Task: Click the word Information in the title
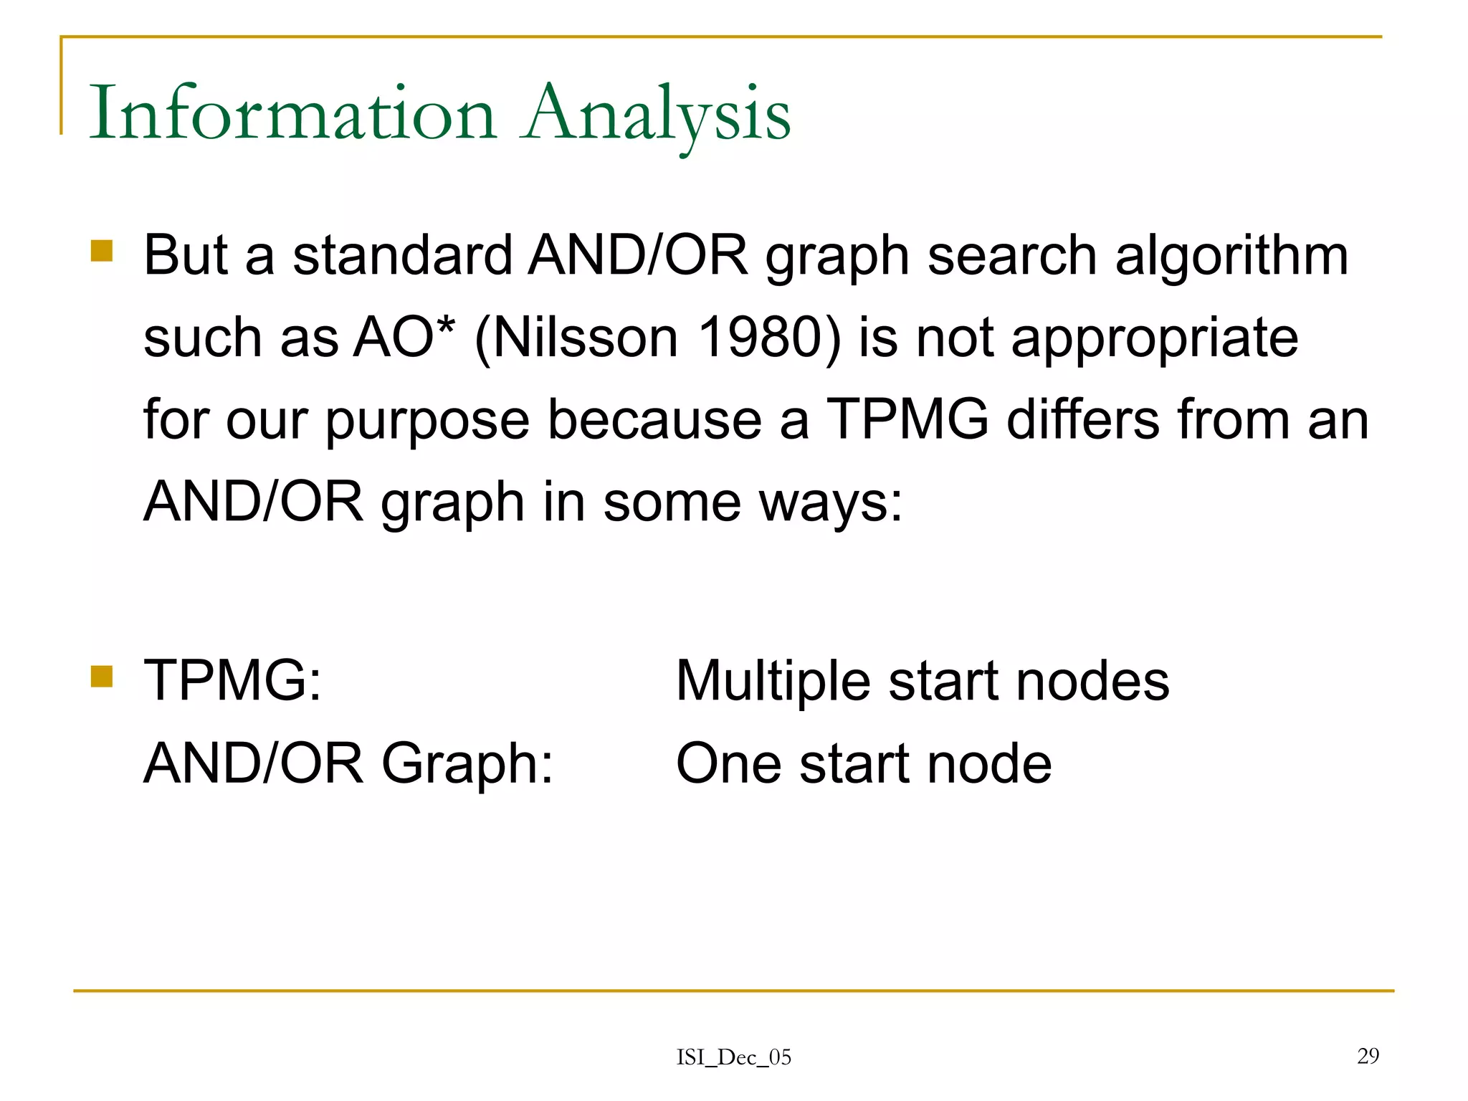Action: tap(292, 113)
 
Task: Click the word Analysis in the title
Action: tap(656, 113)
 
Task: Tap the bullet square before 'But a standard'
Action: tap(102, 251)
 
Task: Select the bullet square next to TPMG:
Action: tap(102, 676)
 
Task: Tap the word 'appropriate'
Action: tap(1154, 338)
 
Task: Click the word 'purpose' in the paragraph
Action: tap(427, 421)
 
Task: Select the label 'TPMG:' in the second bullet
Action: tap(233, 680)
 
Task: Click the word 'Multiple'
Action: tap(773, 682)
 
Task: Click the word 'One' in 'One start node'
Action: tap(728, 763)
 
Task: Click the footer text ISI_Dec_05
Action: tap(733, 1057)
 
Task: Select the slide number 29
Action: tap(1368, 1055)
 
